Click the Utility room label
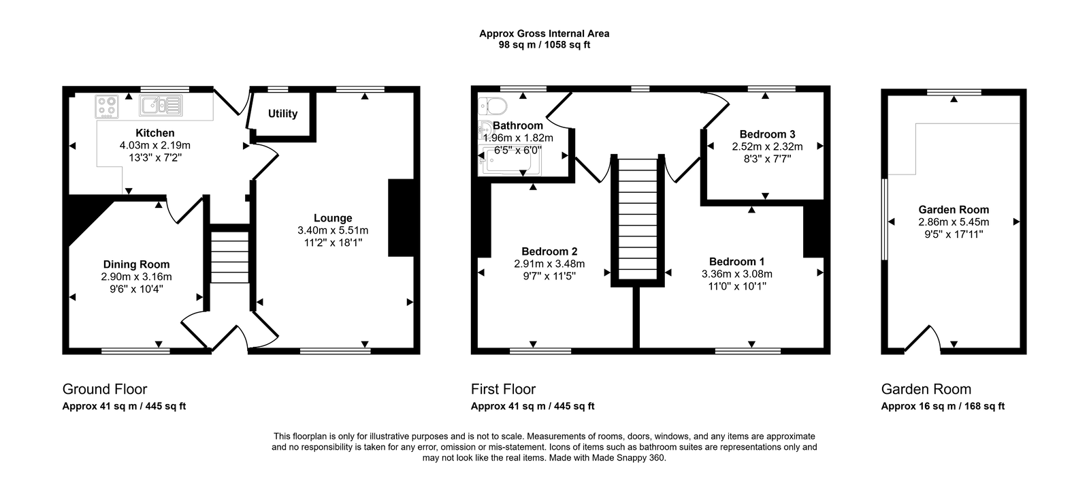[x=282, y=114]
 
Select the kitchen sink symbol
[x=161, y=105]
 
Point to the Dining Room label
[x=137, y=264]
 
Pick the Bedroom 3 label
[x=767, y=134]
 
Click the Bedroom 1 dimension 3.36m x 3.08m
[x=737, y=274]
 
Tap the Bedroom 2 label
[x=549, y=251]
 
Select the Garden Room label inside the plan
[x=954, y=210]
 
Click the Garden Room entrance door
[x=922, y=339]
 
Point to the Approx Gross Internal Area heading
[x=544, y=33]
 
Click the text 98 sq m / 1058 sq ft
[x=544, y=45]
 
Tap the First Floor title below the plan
[x=503, y=389]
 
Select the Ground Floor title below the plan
[x=105, y=389]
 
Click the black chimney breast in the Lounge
[x=402, y=218]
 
